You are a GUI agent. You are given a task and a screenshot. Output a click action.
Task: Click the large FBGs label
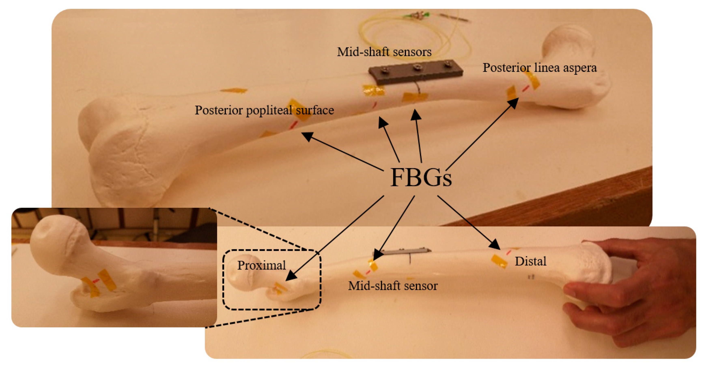pyautogui.click(x=421, y=178)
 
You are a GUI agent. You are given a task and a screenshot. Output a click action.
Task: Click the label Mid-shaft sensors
pyautogui.click(x=384, y=52)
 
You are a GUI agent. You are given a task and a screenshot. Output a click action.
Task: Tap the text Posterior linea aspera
pyautogui.click(x=539, y=68)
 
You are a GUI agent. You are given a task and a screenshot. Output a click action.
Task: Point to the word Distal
pyautogui.click(x=530, y=261)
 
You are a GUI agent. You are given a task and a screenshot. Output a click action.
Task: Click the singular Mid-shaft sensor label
pyautogui.click(x=393, y=286)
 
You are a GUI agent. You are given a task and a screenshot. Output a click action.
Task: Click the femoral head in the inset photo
pyautogui.click(x=55, y=240)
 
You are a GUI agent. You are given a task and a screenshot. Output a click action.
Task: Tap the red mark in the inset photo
pyautogui.click(x=96, y=281)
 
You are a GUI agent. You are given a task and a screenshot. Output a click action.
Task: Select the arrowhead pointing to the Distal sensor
pyautogui.click(x=495, y=245)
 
